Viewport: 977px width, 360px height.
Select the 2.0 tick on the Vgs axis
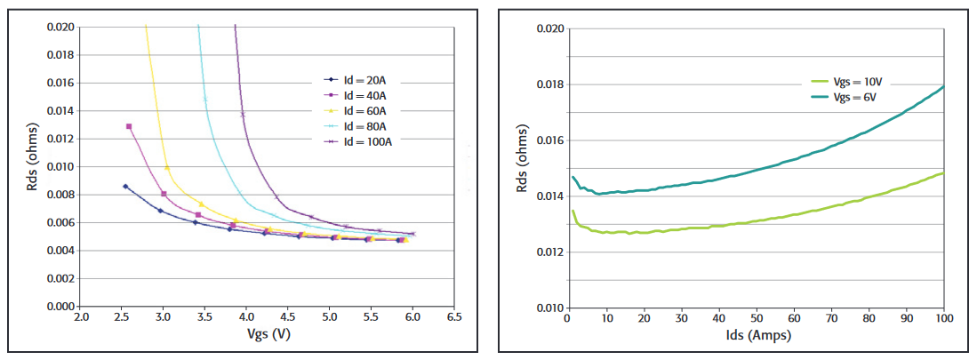pyautogui.click(x=81, y=317)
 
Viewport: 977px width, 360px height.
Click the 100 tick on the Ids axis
pyautogui.click(x=943, y=317)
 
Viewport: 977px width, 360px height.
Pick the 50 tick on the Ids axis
pyautogui.click(x=756, y=317)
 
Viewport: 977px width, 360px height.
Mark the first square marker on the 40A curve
pyautogui.click(x=129, y=126)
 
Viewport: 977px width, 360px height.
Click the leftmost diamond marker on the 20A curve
pyautogui.click(x=125, y=186)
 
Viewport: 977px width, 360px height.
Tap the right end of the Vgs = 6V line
pyautogui.click(x=943, y=86)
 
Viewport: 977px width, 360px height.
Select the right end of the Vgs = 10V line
pyautogui.click(x=943, y=172)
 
